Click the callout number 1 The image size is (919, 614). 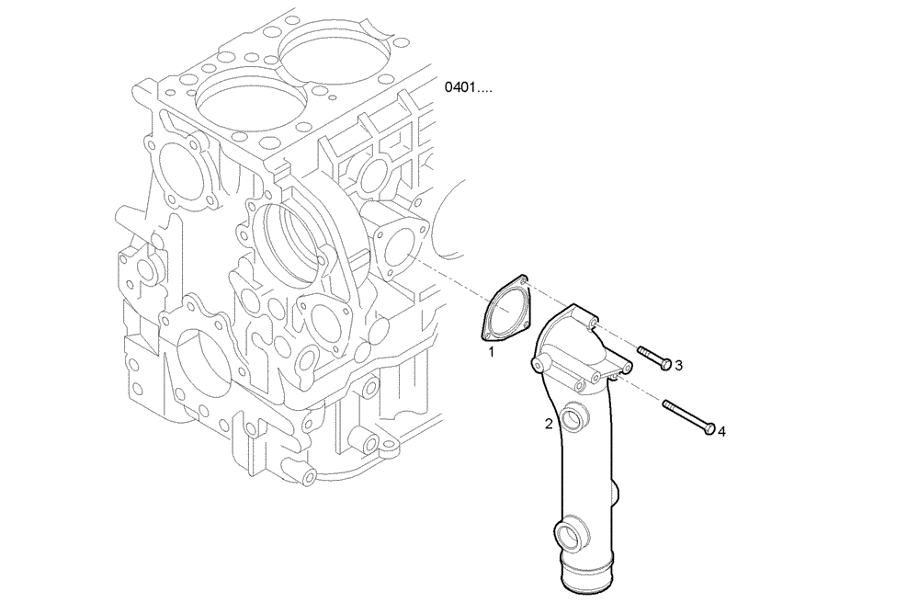[492, 351]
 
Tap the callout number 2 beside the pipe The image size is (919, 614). [549, 424]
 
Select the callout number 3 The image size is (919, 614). [678, 366]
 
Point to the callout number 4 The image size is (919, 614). [721, 430]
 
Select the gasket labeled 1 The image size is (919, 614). [505, 308]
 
